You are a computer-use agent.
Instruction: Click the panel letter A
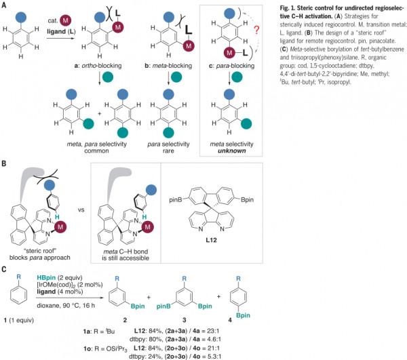pos(4,5)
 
